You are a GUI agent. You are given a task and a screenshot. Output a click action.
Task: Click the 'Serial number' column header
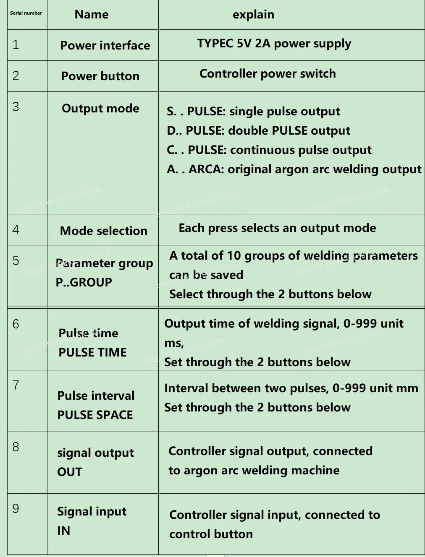click(x=26, y=13)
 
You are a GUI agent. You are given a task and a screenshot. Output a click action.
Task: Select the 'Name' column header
click(x=92, y=15)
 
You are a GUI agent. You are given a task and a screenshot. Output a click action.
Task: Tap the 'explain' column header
click(x=253, y=15)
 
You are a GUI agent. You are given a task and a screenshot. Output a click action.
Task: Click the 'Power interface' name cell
click(x=105, y=45)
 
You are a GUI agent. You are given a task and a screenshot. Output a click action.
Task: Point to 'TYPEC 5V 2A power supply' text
click(x=274, y=44)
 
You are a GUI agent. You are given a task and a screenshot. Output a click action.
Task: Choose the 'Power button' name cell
click(x=100, y=76)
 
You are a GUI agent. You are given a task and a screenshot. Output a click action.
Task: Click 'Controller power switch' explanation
click(x=268, y=74)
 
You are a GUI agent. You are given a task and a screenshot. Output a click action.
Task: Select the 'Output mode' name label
click(x=100, y=108)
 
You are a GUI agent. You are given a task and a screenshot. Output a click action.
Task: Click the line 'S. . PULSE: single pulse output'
click(x=253, y=112)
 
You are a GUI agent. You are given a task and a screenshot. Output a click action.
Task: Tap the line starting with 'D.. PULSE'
click(x=258, y=131)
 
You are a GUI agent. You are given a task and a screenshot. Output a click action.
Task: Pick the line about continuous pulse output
click(x=269, y=150)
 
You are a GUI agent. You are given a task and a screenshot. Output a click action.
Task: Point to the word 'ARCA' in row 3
click(x=206, y=169)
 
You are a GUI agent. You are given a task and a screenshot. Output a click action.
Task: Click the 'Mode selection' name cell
click(x=104, y=231)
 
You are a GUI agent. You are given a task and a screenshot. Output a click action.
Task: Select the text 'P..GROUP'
click(x=84, y=282)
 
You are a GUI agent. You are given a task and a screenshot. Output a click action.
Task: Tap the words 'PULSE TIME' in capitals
click(x=92, y=352)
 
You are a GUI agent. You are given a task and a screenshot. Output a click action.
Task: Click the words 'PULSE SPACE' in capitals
click(x=95, y=415)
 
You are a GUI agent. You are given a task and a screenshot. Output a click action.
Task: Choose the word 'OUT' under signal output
click(x=70, y=472)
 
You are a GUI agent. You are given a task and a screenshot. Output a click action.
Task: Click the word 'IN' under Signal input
click(x=63, y=531)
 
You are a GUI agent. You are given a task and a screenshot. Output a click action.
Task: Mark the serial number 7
click(x=16, y=385)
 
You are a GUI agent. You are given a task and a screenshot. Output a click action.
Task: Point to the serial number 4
click(x=16, y=229)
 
